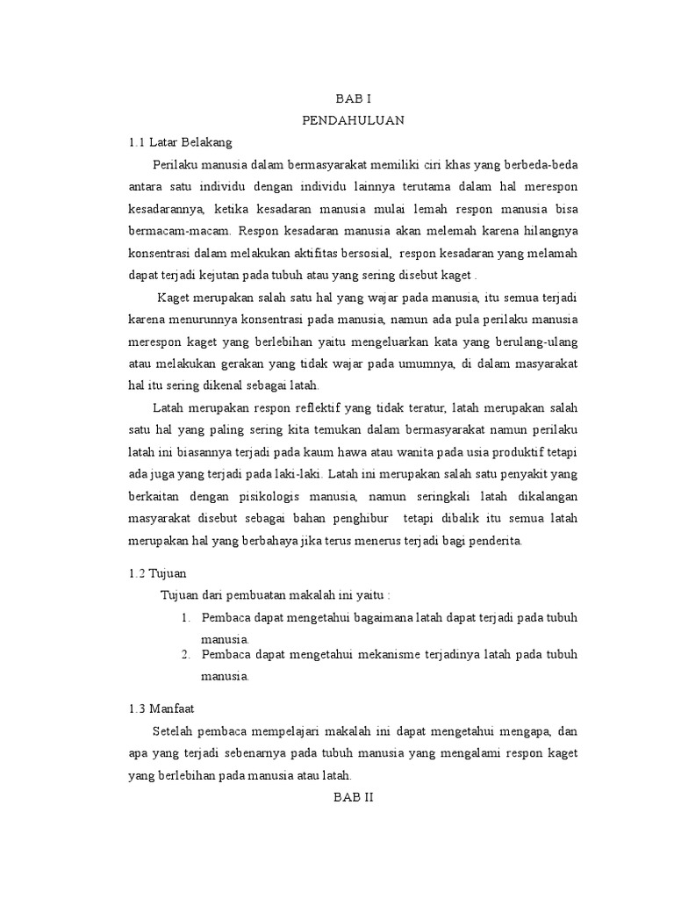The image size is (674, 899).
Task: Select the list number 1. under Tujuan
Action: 186,618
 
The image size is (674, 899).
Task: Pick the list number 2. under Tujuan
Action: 186,655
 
